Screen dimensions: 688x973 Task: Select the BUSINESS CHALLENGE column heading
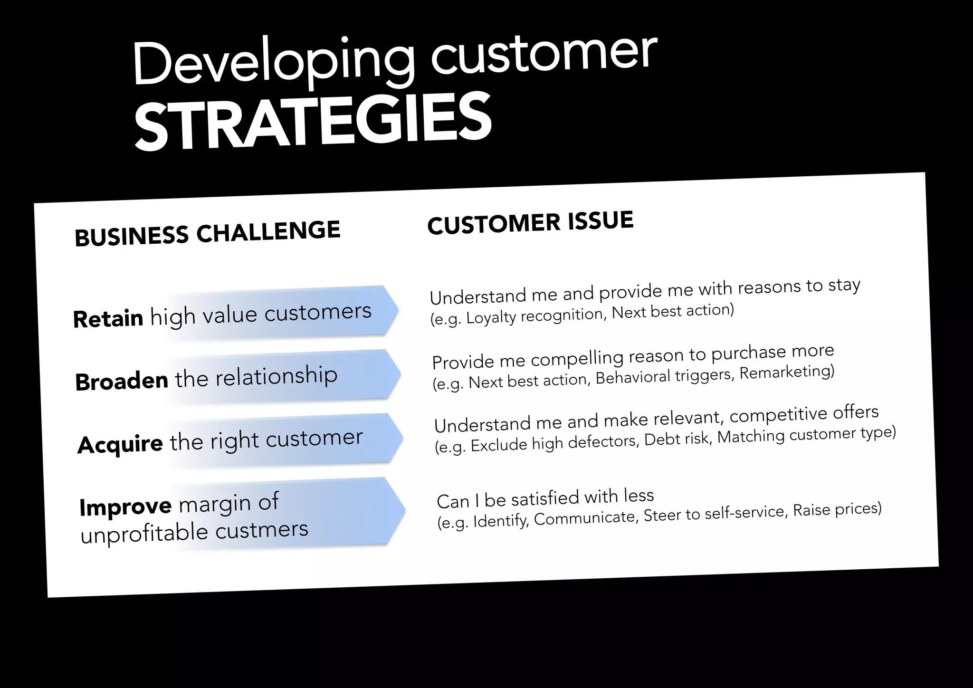(208, 233)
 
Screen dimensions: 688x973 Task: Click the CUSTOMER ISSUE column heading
(530, 222)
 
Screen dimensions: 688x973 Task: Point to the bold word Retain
(108, 318)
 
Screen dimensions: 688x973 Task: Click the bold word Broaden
(122, 381)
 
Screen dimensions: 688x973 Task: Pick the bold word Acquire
(120, 445)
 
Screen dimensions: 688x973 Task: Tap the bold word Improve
(125, 506)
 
